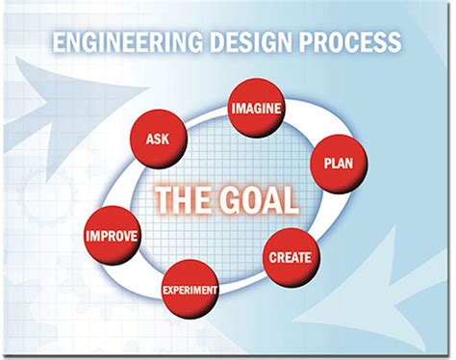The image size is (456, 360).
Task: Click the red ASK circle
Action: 159,139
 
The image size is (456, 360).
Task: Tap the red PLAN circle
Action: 338,164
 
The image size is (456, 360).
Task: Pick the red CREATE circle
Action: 289,257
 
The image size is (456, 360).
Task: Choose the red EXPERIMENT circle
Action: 190,289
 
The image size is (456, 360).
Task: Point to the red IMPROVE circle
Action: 113,236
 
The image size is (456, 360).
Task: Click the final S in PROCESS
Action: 395,42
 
